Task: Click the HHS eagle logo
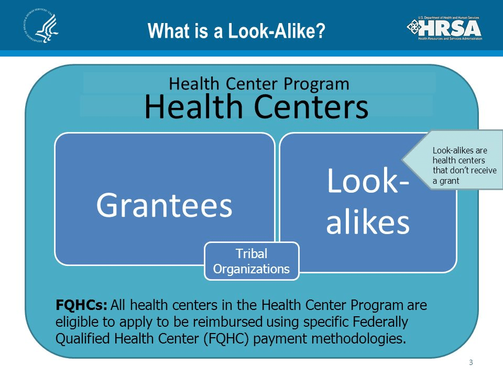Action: tap(41, 26)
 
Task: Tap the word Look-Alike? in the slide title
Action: tap(277, 31)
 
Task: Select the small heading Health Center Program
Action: tap(259, 84)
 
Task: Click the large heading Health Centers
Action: tap(256, 107)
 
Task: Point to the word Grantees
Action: tap(164, 205)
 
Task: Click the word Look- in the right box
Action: tap(368, 181)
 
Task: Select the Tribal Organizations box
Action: tap(251, 261)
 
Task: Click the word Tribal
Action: tap(251, 253)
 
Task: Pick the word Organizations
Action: tap(251, 269)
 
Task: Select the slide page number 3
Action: tap(471, 362)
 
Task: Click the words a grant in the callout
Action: tap(446, 181)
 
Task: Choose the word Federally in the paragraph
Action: tap(380, 321)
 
